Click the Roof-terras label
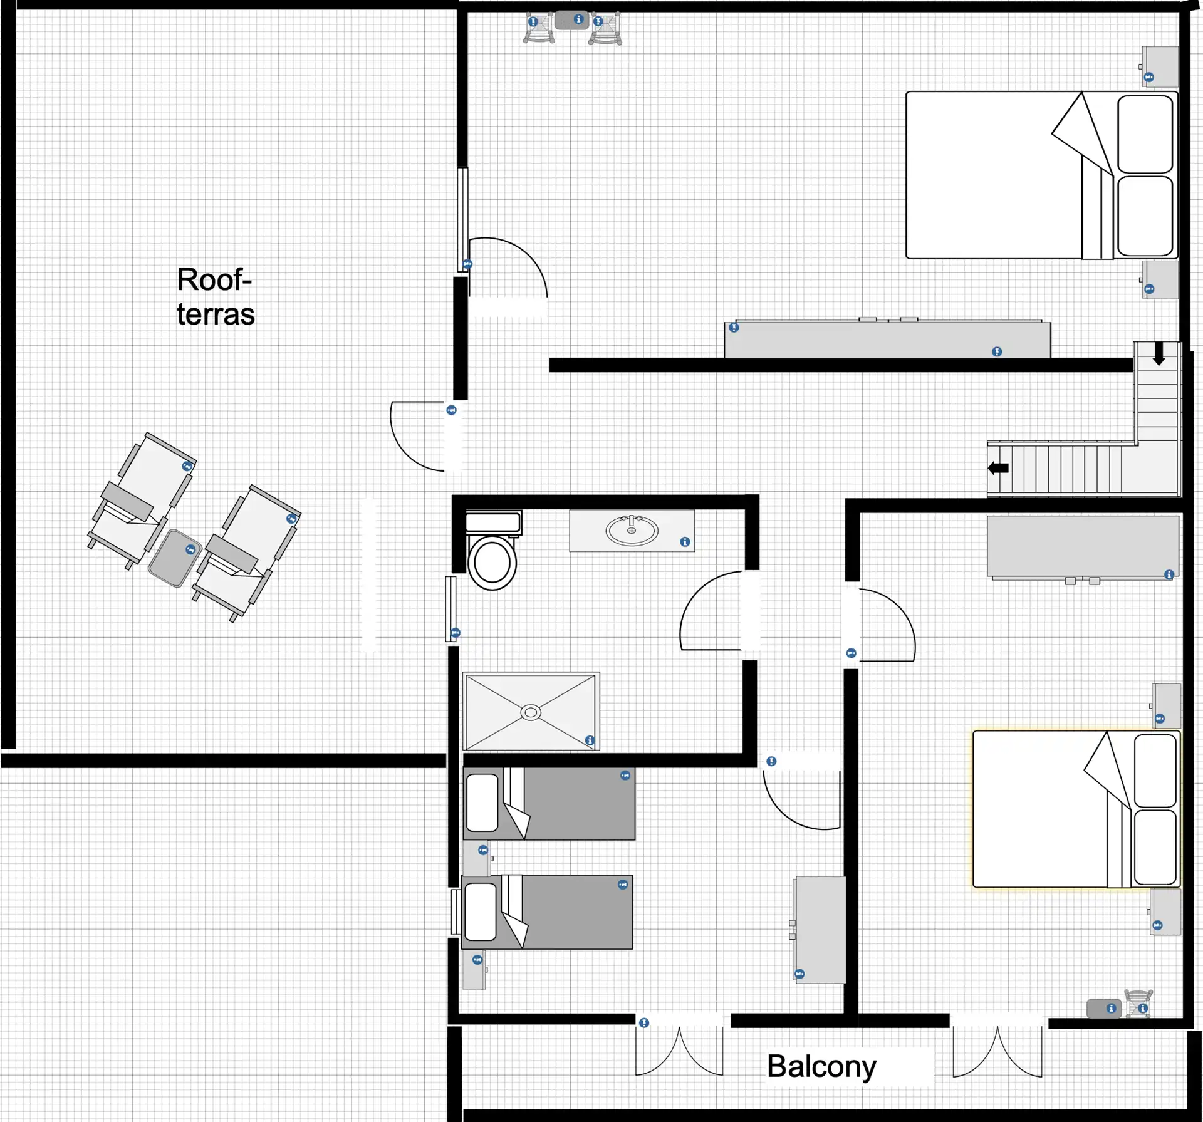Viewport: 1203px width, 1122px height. pos(216,296)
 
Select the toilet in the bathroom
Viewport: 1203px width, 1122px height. pos(492,551)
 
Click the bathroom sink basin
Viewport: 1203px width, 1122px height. pos(632,531)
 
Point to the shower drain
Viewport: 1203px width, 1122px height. pos(531,712)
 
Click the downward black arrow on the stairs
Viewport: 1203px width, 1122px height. pos(1159,353)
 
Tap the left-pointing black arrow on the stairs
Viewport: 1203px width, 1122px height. pos(998,467)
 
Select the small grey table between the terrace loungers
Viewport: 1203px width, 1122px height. pos(175,558)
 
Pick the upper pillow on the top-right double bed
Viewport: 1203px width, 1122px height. pos(1145,134)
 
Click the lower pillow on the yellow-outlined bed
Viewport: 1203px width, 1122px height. pos(1155,847)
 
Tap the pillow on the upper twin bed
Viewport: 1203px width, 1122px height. pos(482,803)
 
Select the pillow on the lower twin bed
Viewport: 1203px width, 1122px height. pos(481,912)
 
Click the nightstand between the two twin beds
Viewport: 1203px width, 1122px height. pos(476,858)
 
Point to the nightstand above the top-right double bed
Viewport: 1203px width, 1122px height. pos(1159,66)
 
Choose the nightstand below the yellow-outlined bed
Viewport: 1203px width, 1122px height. pos(1165,912)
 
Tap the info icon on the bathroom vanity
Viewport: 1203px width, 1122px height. pos(685,542)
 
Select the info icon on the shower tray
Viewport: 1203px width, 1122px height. pos(590,740)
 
